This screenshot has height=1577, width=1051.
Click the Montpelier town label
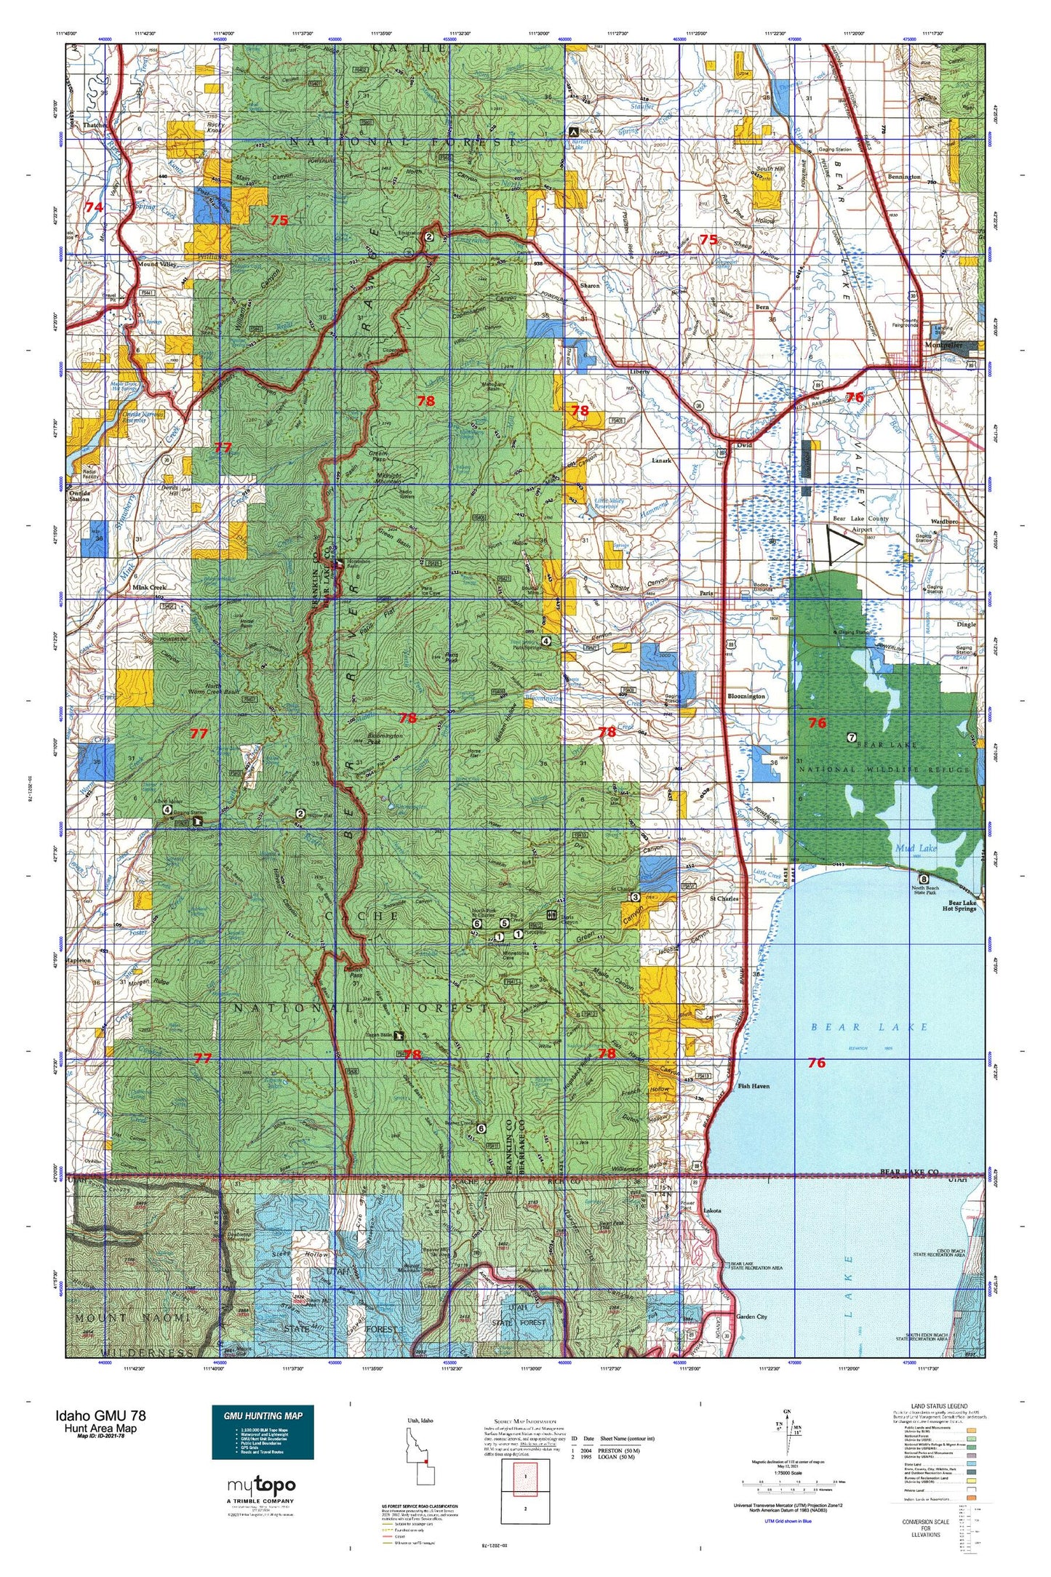tap(943, 346)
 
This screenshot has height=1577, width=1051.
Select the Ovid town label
tap(743, 445)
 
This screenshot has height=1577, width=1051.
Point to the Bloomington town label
tap(746, 696)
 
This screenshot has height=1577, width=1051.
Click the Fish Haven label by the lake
tap(753, 1086)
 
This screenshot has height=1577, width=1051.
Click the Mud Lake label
tap(916, 848)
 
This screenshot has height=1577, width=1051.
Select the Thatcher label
tap(95, 125)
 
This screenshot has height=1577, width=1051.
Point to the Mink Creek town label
tap(149, 587)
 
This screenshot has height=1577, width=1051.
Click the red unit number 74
tap(93, 207)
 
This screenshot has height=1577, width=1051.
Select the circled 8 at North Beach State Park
tap(924, 879)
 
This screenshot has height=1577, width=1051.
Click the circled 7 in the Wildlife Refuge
tap(851, 738)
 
